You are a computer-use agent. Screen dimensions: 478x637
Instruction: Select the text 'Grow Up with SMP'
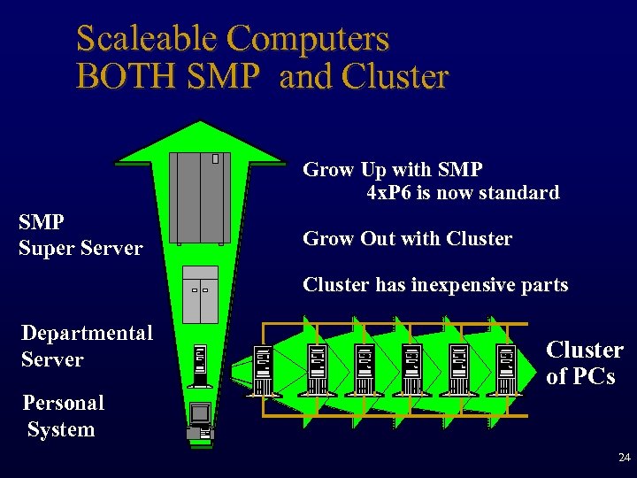click(x=393, y=169)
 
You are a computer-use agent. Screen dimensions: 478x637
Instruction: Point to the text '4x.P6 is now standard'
click(x=462, y=192)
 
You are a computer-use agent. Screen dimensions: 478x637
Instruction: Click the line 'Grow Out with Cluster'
click(x=407, y=238)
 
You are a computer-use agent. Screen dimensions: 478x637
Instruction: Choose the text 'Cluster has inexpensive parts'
click(x=435, y=284)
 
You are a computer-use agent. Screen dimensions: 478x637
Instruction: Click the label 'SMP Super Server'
click(x=81, y=235)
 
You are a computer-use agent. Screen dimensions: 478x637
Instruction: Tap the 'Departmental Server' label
click(x=87, y=346)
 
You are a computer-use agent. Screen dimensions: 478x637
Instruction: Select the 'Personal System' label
click(x=63, y=416)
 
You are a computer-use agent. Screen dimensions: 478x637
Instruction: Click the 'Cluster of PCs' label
click(x=584, y=362)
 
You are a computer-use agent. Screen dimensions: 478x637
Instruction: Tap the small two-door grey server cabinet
click(x=200, y=294)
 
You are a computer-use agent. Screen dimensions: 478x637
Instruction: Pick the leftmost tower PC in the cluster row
click(x=263, y=370)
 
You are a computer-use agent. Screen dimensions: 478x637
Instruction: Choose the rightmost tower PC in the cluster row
click(x=506, y=370)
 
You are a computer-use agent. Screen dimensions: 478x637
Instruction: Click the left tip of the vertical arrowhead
click(x=119, y=164)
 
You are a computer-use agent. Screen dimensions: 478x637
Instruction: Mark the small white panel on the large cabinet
click(x=215, y=159)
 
